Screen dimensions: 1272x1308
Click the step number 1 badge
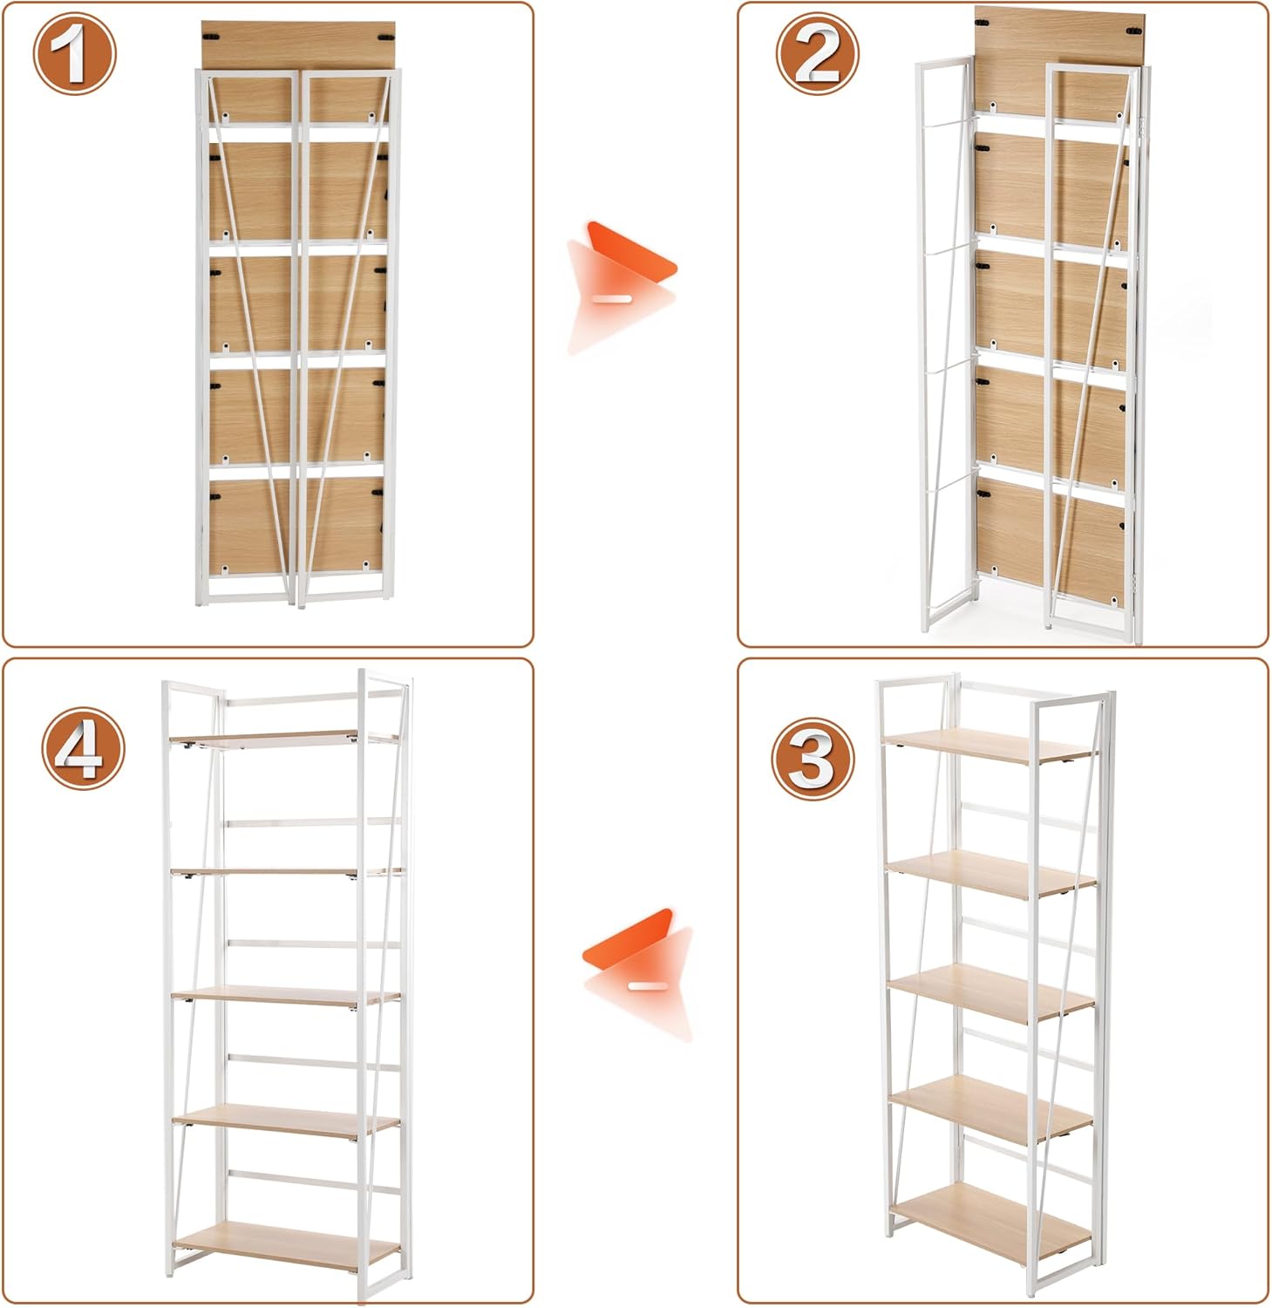point(74,52)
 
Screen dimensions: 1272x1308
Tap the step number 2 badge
point(818,52)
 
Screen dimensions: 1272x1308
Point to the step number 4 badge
point(84,748)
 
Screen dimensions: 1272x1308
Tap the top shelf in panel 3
point(989,747)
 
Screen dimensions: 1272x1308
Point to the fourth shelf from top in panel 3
point(990,1107)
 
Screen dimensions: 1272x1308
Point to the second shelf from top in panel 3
point(990,873)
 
